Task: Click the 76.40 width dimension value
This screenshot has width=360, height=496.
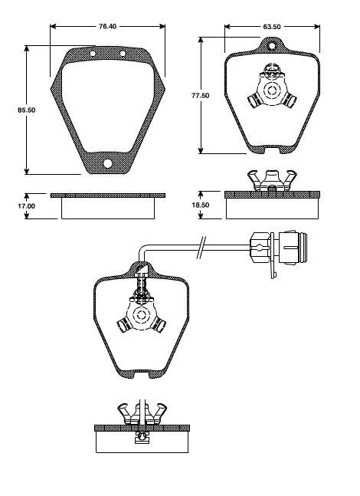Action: [x=107, y=27]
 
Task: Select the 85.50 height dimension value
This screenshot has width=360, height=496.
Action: [x=27, y=110]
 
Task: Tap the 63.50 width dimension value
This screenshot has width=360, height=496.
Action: [x=272, y=27]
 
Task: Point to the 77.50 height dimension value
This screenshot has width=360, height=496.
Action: [x=201, y=96]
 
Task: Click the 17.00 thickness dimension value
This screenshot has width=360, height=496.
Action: [x=27, y=206]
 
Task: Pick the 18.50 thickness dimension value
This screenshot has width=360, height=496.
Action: [x=201, y=205]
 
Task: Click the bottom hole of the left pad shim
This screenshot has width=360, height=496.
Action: [x=107, y=163]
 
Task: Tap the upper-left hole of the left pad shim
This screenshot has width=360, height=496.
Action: [x=93, y=54]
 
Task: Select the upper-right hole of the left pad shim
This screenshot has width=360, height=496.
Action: [x=123, y=54]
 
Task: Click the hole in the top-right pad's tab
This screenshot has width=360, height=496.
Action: [x=271, y=46]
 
